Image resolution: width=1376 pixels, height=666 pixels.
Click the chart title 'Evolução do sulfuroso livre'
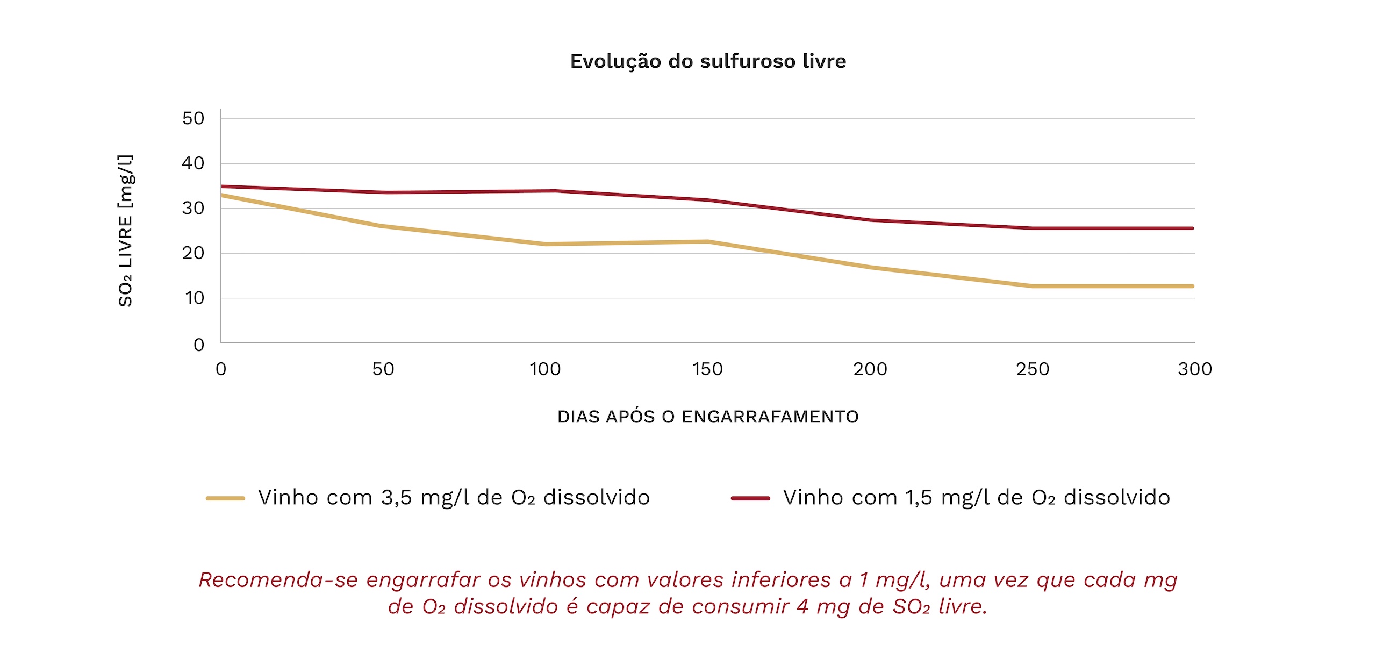pyautogui.click(x=708, y=61)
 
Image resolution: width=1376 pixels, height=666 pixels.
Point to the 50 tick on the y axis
pyautogui.click(x=193, y=118)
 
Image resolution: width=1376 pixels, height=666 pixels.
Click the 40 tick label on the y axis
pyautogui.click(x=193, y=163)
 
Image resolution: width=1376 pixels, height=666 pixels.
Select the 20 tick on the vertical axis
pyautogui.click(x=193, y=253)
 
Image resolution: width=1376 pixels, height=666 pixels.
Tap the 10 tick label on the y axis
pyautogui.click(x=195, y=298)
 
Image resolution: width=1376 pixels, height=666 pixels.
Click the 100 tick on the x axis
pyautogui.click(x=545, y=369)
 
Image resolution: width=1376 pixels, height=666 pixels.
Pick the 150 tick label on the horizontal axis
pyautogui.click(x=707, y=369)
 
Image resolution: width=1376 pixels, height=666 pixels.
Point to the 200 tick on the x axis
pyautogui.click(x=870, y=369)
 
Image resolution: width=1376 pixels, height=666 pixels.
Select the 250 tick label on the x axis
pyautogui.click(x=1033, y=369)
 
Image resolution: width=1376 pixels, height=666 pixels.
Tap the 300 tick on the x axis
pyautogui.click(x=1195, y=369)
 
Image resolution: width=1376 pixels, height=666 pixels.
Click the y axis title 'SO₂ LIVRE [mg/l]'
pyautogui.click(x=126, y=231)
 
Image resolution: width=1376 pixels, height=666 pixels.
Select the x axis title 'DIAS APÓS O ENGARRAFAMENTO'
pyautogui.click(x=708, y=417)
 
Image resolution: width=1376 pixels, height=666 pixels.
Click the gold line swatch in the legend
pyautogui.click(x=225, y=498)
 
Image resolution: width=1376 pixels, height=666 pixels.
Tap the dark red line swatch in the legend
pyautogui.click(x=750, y=498)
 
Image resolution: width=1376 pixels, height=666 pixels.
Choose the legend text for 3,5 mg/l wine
pyautogui.click(x=454, y=498)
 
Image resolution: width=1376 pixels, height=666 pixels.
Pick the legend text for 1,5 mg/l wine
pyautogui.click(x=976, y=498)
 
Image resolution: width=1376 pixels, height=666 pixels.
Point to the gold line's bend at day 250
pyautogui.click(x=1033, y=286)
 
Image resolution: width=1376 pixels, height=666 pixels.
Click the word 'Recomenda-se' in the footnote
pyautogui.click(x=278, y=580)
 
